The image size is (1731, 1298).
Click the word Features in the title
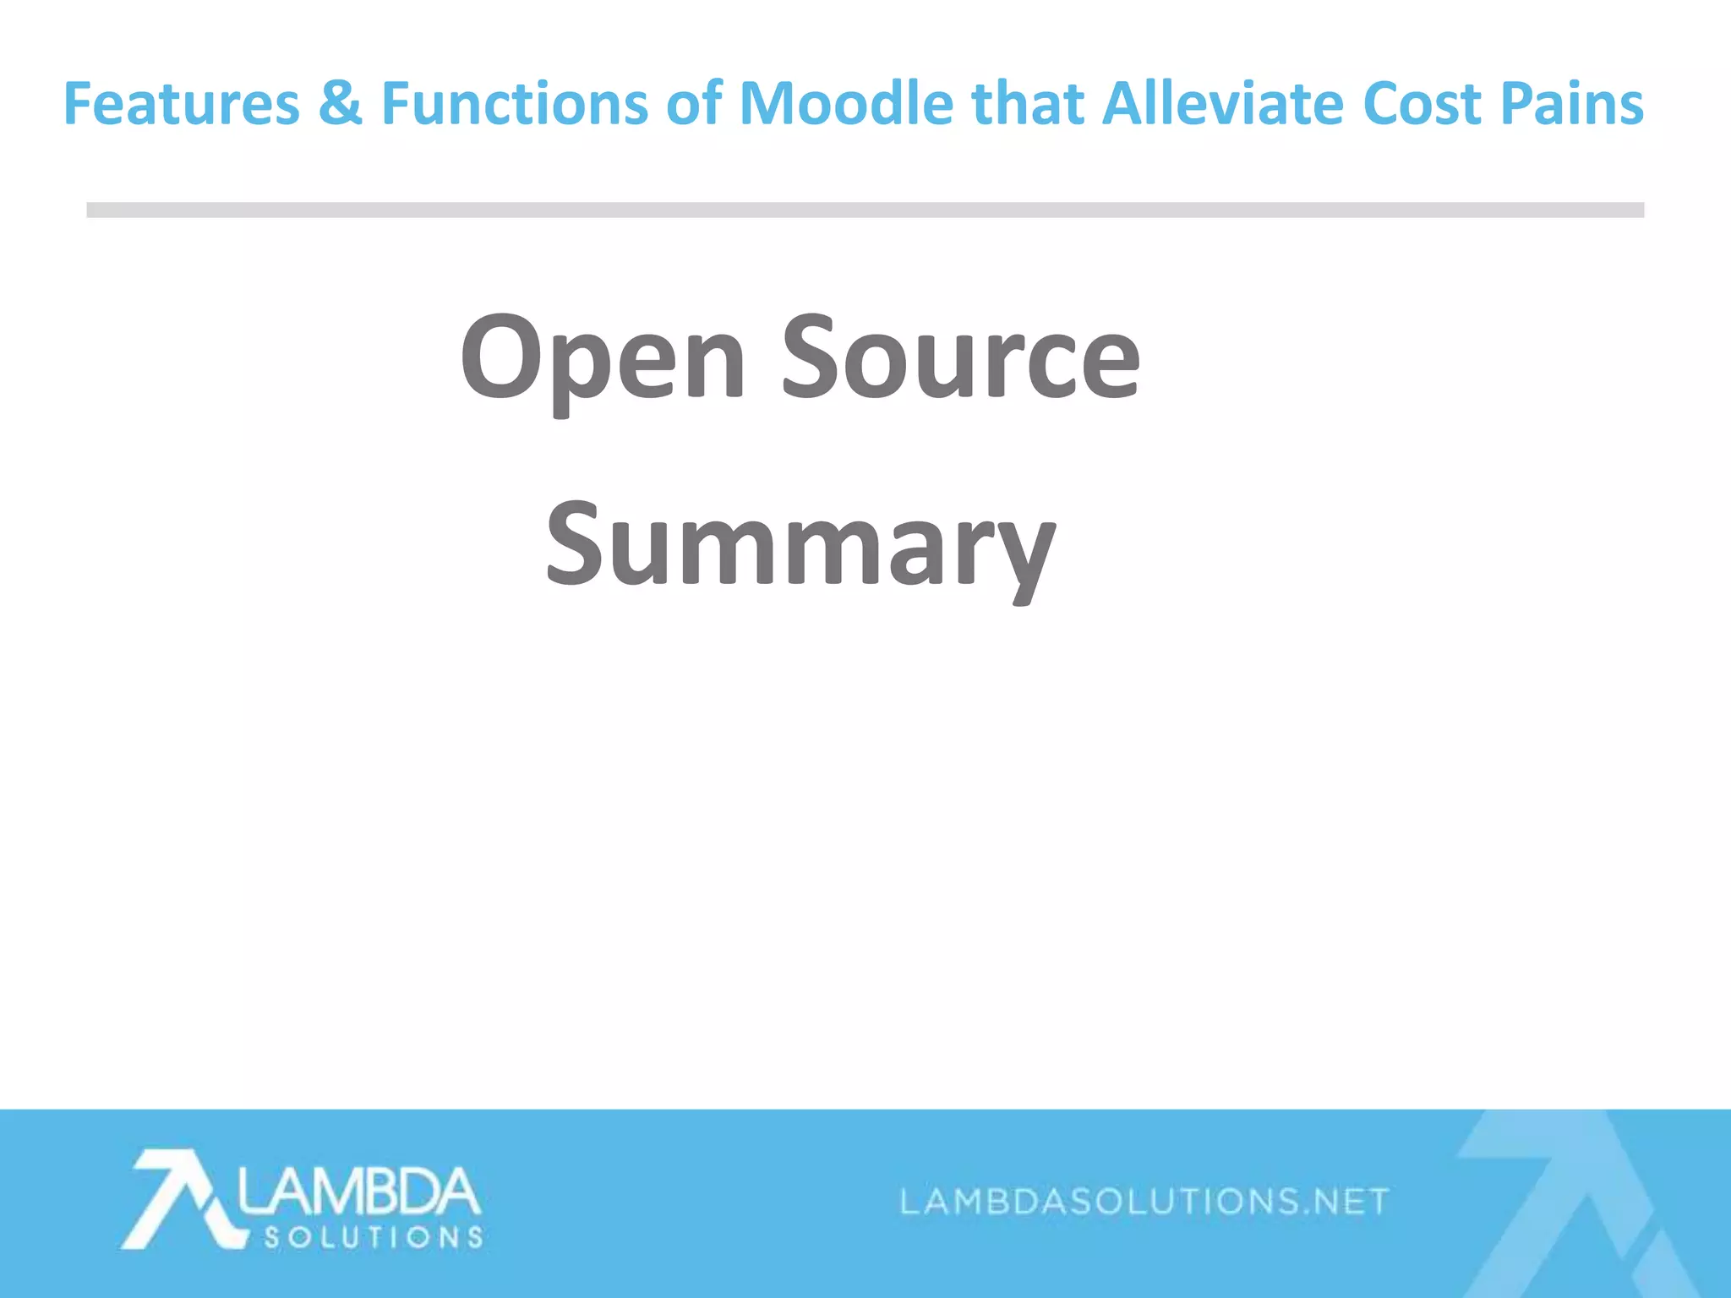coord(182,104)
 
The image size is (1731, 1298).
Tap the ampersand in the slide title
coord(341,104)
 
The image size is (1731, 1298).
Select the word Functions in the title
coord(514,104)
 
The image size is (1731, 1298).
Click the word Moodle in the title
coord(846,104)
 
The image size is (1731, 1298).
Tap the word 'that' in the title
coord(1028,104)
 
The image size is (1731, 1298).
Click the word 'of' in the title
coord(694,104)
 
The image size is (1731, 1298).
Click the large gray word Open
coord(603,359)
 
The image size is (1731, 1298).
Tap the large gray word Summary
coord(800,545)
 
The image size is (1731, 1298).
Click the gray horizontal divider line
coord(865,210)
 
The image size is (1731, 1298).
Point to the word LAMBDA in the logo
coord(358,1191)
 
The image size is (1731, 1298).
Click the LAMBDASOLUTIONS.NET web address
coord(1144,1201)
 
